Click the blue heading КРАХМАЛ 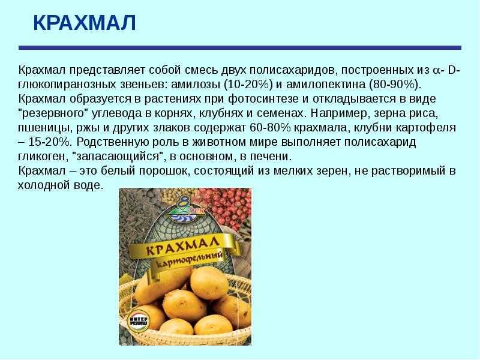tap(85, 23)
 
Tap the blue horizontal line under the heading tap(239, 48)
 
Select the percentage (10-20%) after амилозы tap(248, 85)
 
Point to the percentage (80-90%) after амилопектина tap(394, 85)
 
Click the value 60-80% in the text tap(270, 128)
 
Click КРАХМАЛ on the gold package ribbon tap(182, 246)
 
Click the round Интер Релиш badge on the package tap(139, 321)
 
